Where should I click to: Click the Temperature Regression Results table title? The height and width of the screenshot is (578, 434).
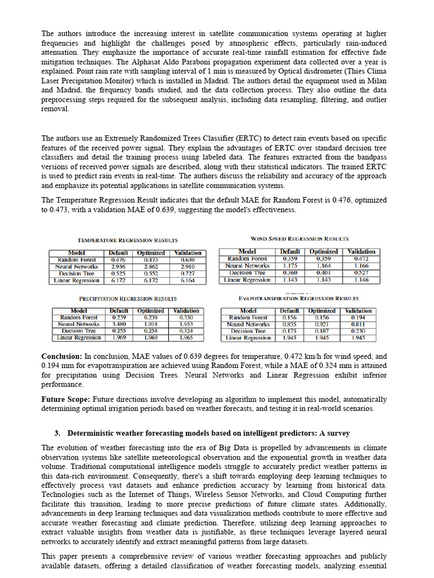click(x=127, y=240)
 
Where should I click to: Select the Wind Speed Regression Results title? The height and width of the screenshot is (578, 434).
click(x=299, y=239)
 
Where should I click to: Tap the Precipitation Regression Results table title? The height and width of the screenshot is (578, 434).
click(x=128, y=298)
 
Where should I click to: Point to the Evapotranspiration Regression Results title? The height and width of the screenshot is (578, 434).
click(x=298, y=298)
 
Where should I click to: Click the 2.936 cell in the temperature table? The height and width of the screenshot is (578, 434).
click(x=119, y=266)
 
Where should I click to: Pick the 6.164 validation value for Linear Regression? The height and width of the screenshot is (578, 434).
click(x=188, y=280)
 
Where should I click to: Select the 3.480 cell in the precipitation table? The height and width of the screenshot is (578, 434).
click(x=119, y=325)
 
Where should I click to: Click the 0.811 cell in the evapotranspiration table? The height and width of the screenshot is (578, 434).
click(x=358, y=325)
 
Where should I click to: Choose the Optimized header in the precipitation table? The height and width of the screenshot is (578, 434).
click(x=151, y=311)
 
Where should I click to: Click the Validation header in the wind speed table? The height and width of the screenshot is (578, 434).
click(x=361, y=252)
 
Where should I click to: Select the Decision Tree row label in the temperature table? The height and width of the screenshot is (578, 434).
click(x=76, y=273)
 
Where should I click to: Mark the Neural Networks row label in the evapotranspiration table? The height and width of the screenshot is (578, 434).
click(x=248, y=325)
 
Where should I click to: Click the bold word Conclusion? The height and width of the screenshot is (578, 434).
click(x=62, y=357)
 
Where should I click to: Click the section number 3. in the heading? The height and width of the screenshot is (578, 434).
click(x=58, y=433)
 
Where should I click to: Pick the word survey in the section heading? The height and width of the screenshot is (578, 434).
click(x=338, y=433)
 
